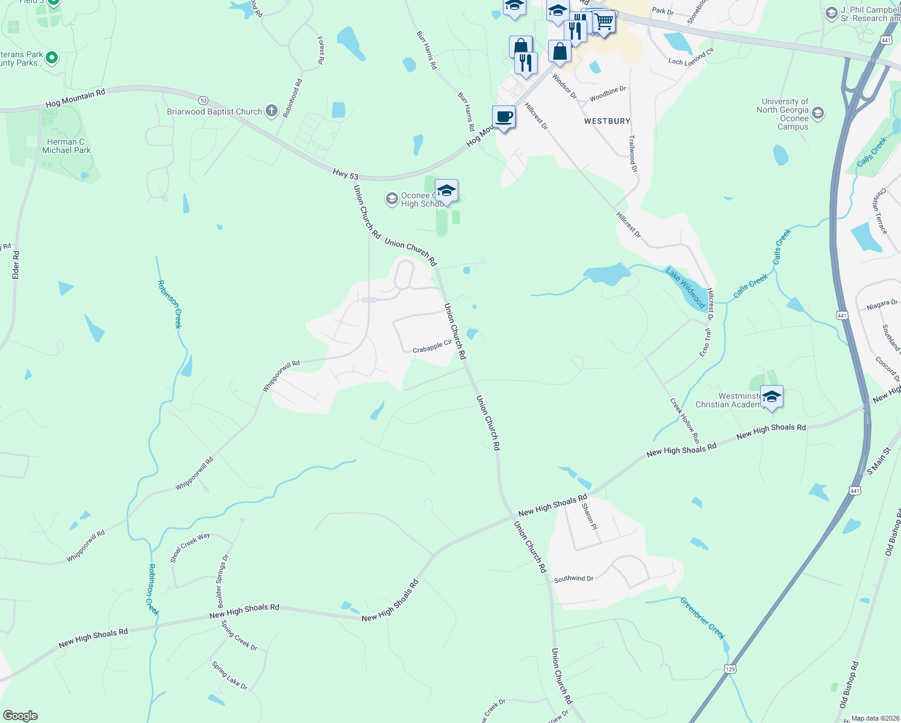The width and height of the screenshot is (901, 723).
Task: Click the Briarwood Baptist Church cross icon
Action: [272, 111]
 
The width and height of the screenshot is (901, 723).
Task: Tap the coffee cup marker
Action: [503, 117]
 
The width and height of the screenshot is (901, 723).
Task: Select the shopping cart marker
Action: [603, 22]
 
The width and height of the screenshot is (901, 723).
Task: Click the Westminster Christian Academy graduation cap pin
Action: [772, 397]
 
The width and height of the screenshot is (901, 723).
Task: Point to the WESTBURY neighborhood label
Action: [607, 121]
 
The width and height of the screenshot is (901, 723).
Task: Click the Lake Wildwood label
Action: [685, 288]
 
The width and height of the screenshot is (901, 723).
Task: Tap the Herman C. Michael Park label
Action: [66, 146]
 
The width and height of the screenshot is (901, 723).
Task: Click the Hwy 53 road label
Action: [346, 174]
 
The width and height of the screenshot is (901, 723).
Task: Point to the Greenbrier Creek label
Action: [702, 618]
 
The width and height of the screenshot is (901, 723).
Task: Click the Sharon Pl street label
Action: [589, 516]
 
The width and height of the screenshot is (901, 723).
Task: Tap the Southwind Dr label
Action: [573, 578]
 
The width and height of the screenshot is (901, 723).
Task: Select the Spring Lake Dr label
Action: [229, 675]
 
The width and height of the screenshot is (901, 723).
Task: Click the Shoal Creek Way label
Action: [190, 547]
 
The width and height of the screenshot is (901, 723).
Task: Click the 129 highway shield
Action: [730, 669]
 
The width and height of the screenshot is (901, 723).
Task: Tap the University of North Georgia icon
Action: [817, 113]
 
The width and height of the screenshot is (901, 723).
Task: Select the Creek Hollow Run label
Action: [685, 421]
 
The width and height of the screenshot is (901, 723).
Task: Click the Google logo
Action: [20, 715]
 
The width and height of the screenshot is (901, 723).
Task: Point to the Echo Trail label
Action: [705, 342]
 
